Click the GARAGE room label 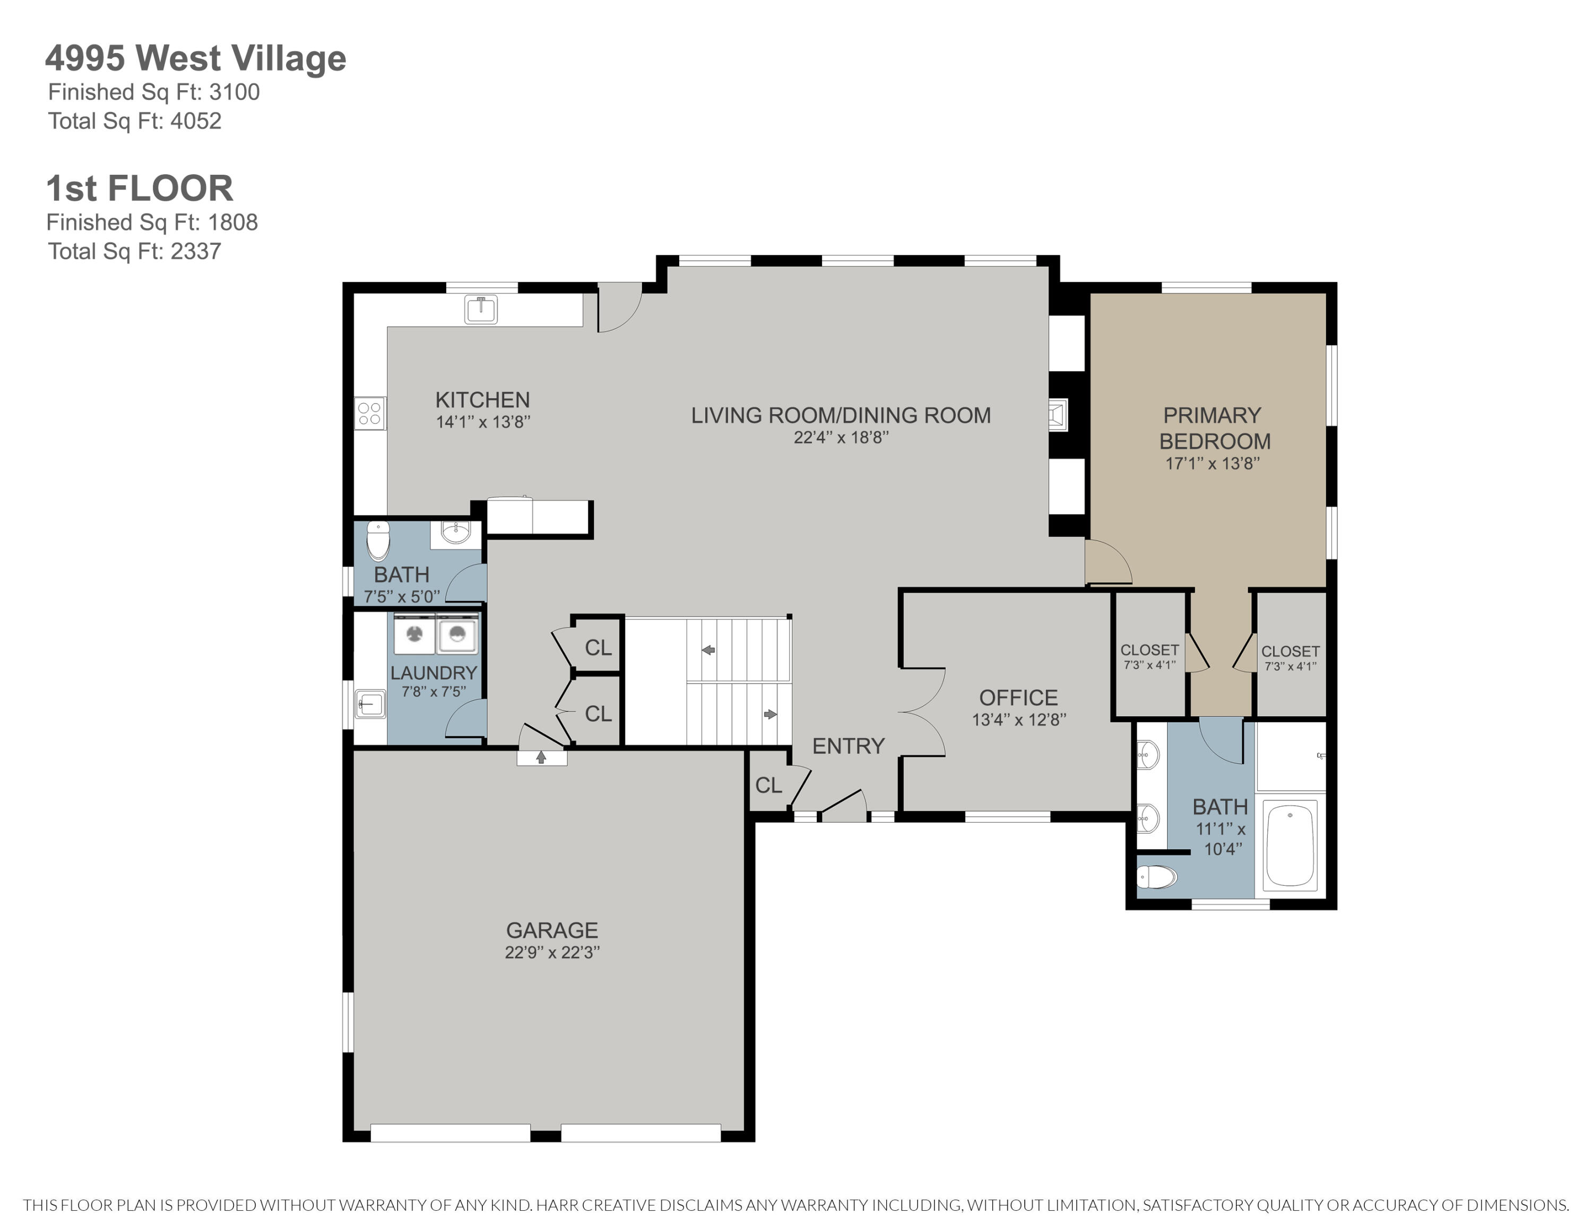tap(552, 930)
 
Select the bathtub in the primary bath tap(1290, 844)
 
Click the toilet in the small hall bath tap(378, 540)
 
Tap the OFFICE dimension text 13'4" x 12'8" tap(1018, 720)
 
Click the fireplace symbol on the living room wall tap(1058, 416)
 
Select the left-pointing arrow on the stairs tap(708, 650)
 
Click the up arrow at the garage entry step tap(541, 758)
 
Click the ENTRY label tap(848, 746)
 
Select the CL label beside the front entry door tap(768, 785)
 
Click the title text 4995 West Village tap(195, 58)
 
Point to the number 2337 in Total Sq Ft tap(195, 252)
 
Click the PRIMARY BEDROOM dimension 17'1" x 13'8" tap(1212, 463)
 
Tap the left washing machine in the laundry tap(414, 634)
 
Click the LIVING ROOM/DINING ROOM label tap(841, 416)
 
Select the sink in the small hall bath tap(456, 533)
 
